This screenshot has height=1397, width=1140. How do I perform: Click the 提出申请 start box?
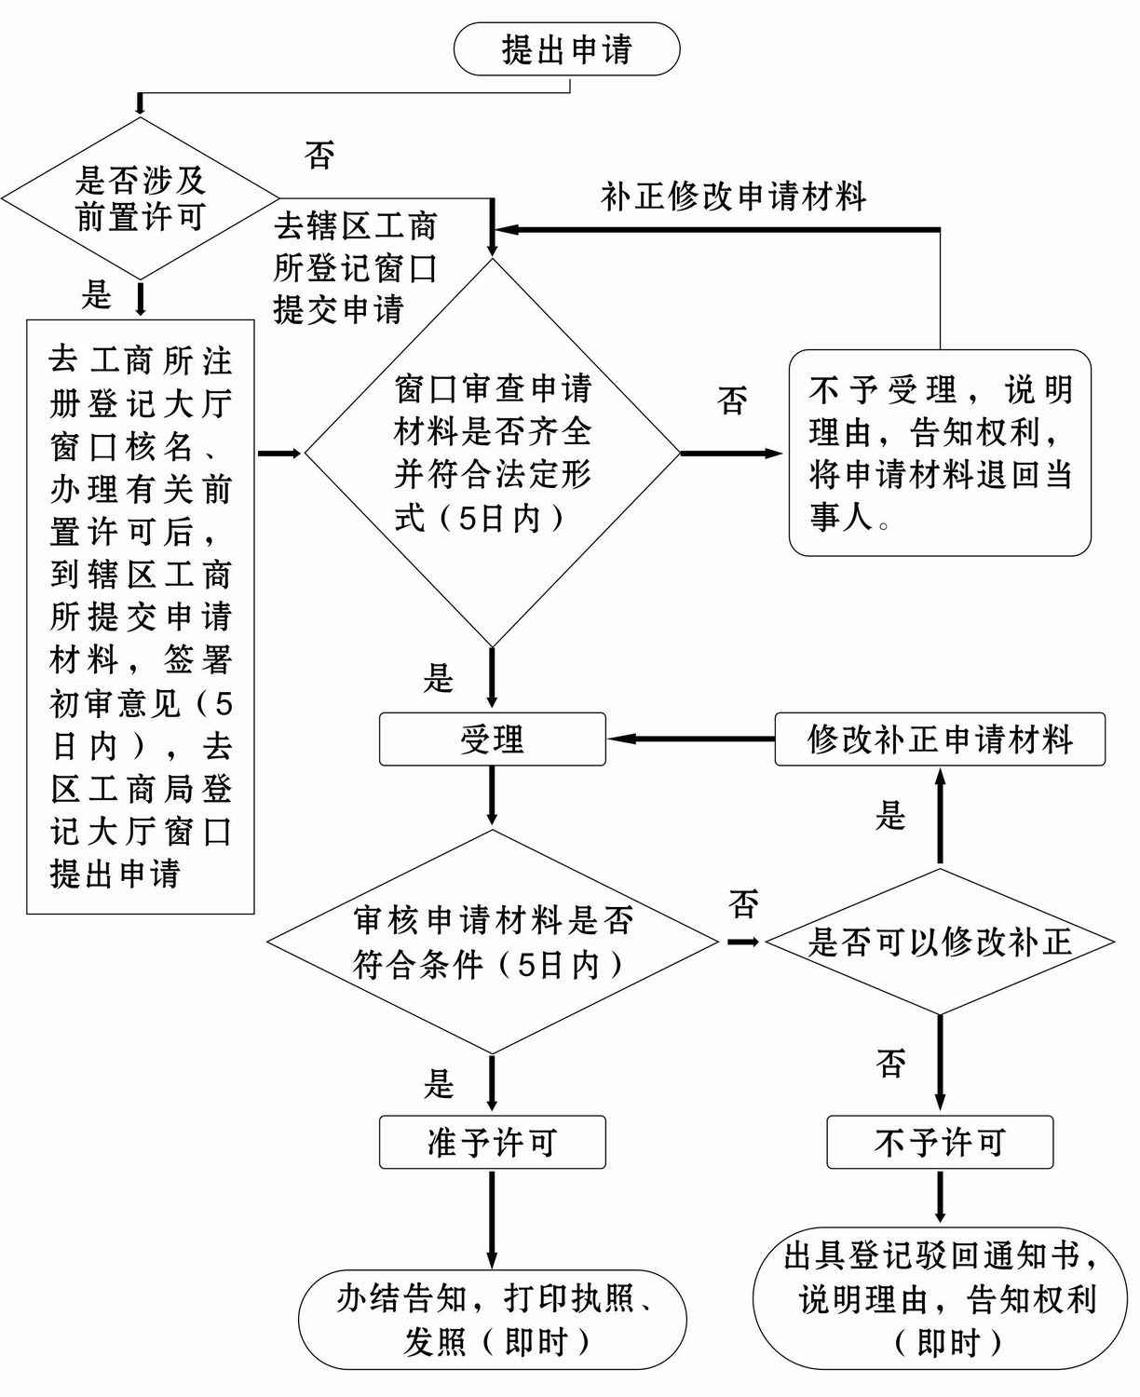tap(566, 49)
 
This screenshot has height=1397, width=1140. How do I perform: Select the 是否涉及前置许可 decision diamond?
tap(141, 198)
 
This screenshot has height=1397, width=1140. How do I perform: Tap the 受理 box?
tap(492, 739)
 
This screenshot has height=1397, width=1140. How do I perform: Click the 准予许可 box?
tap(492, 1142)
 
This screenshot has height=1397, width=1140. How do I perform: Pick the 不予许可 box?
tap(940, 1142)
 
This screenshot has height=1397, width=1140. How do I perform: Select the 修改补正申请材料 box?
tap(940, 739)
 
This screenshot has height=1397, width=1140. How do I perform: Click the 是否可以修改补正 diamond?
tap(940, 942)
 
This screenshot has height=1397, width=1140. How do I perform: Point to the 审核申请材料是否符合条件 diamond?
tap(492, 942)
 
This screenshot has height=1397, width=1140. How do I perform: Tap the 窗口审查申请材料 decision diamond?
tap(492, 454)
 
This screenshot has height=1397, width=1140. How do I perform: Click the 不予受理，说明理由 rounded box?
tap(940, 454)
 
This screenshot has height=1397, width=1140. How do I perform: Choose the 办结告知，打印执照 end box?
tap(492, 1320)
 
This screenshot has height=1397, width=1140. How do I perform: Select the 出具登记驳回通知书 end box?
tap(940, 1298)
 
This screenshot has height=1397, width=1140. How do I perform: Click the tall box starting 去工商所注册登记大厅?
tap(141, 617)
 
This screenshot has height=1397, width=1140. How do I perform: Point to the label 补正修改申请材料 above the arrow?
tap(734, 197)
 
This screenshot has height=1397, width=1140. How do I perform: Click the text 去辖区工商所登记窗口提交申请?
tap(355, 268)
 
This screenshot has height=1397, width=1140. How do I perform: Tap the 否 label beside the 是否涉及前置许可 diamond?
tap(319, 156)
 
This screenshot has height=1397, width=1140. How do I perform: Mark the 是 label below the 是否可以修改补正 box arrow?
tap(890, 817)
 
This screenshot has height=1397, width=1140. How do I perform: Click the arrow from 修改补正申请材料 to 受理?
tap(690, 739)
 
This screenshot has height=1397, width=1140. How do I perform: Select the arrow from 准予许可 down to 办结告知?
tap(492, 1218)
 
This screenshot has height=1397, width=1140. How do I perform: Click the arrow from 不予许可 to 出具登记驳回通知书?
tap(940, 1197)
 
